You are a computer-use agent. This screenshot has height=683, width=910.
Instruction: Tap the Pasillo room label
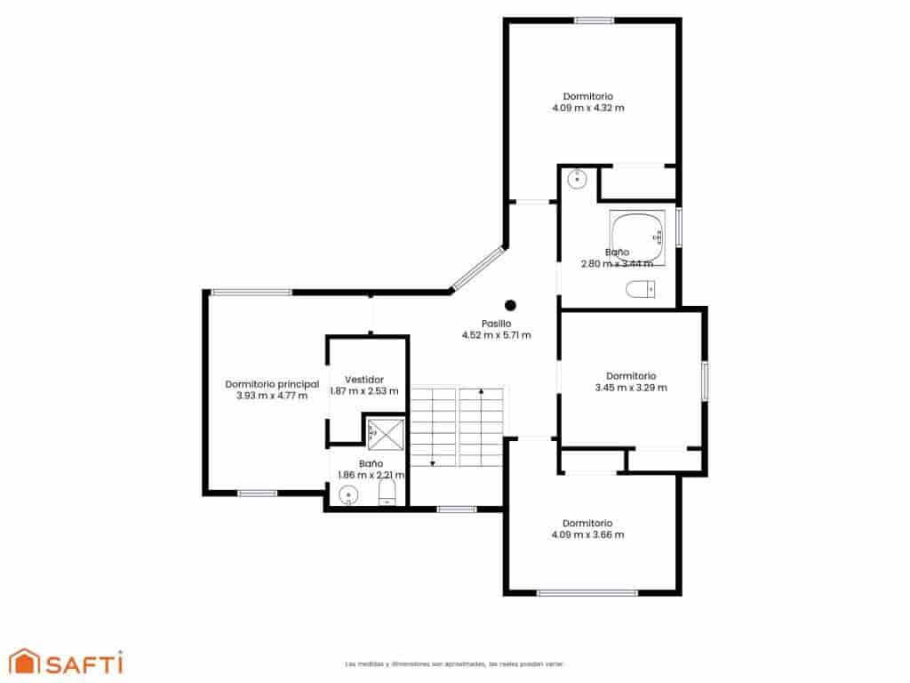tap(496, 323)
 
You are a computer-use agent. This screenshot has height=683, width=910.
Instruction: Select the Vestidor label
tap(364, 379)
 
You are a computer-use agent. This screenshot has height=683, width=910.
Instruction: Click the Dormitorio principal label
tap(272, 384)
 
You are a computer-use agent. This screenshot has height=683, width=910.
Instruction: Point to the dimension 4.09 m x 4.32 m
tap(587, 108)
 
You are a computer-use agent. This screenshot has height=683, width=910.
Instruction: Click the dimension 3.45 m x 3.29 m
tap(630, 388)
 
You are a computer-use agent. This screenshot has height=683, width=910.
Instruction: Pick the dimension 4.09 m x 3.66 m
tap(587, 535)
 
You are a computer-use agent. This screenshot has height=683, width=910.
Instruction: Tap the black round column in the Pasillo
tap(510, 305)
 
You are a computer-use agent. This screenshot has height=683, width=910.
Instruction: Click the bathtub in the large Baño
tap(636, 228)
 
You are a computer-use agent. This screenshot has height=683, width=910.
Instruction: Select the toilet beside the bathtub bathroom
tap(640, 289)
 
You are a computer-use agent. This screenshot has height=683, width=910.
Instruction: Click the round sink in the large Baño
tap(577, 179)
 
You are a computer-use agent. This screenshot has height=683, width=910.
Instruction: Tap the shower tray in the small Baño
tap(385, 434)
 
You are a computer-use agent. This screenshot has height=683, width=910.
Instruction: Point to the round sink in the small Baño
tap(347, 496)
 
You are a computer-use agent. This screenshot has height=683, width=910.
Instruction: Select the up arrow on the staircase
tap(481, 391)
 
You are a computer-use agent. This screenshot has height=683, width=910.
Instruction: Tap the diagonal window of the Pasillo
tap(478, 270)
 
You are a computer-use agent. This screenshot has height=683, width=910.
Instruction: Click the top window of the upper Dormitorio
tap(594, 20)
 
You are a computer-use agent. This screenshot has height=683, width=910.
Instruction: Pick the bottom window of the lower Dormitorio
tap(587, 592)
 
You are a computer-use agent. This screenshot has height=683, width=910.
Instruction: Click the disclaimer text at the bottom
tap(453, 663)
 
